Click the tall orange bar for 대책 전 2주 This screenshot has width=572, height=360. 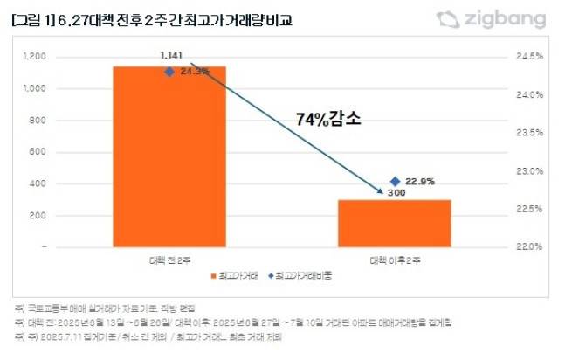pyautogui.click(x=169, y=156)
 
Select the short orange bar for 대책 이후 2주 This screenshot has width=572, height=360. pyautogui.click(x=396, y=223)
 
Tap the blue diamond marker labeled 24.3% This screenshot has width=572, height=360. pyautogui.click(x=169, y=73)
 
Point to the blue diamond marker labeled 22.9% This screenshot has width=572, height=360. pyautogui.click(x=396, y=181)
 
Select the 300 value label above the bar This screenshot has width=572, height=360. pyautogui.click(x=396, y=193)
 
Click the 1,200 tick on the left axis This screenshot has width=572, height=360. pyautogui.click(x=34, y=57)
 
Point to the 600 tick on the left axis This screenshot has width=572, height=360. pyautogui.click(x=38, y=152)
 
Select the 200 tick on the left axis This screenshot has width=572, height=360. pyautogui.click(x=38, y=216)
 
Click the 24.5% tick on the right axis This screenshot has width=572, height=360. pyautogui.click(x=530, y=57)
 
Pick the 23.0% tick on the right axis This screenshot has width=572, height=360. pyautogui.click(x=530, y=171)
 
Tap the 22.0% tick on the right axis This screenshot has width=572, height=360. pyautogui.click(x=530, y=247)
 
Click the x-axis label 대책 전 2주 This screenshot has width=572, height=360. pyautogui.click(x=169, y=260)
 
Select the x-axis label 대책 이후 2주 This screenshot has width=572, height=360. pyautogui.click(x=396, y=260)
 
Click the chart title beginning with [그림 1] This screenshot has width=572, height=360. pyautogui.click(x=153, y=19)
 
